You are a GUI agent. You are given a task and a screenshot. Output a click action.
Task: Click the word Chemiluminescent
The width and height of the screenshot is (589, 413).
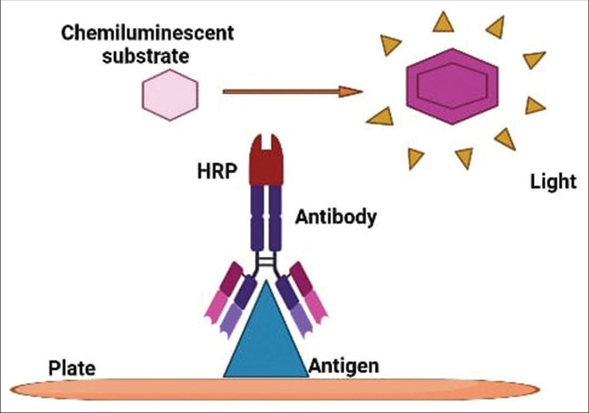coord(147,34)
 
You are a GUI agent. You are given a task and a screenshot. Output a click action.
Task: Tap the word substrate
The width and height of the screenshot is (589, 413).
coord(146,57)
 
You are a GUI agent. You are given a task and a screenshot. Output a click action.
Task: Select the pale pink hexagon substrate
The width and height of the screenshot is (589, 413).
coord(170,95)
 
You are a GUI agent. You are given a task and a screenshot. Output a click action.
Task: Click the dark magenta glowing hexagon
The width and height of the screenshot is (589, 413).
coord(453,86)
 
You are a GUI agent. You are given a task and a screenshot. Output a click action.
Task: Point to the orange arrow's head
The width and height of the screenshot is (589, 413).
coord(351,91)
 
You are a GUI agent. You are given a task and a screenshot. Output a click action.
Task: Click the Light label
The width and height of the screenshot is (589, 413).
coord(553,182)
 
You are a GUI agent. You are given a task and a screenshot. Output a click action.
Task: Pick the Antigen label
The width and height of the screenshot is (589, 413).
coord(343,366)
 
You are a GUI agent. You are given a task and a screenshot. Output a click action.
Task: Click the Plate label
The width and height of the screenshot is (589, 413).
coord(72,369)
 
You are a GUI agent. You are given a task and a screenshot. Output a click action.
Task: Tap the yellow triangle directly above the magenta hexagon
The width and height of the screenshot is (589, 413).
coord(444,22)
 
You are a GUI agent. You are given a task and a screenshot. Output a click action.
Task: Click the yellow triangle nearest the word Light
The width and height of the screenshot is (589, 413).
coord(506,140)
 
